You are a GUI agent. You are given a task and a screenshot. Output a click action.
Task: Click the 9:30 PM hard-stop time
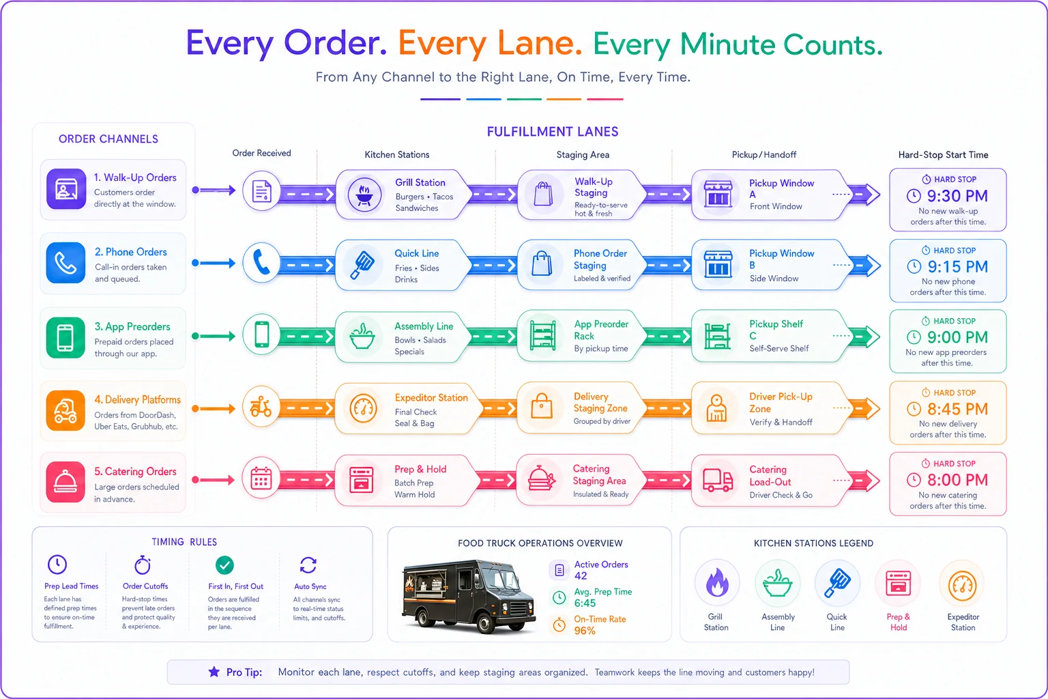957,196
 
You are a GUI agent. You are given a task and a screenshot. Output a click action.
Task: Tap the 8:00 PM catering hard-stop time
957,480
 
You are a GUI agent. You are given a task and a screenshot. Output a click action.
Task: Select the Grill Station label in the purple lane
420,182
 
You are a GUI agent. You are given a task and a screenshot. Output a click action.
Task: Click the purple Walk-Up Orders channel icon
66,189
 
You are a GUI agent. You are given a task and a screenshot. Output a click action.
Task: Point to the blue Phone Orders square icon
65,263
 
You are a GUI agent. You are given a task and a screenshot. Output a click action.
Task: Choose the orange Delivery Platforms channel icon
65,411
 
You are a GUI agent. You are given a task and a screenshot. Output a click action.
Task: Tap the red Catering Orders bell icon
65,482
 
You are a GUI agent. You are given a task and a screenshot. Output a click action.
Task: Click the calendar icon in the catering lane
261,479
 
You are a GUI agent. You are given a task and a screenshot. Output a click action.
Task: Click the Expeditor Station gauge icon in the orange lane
363,408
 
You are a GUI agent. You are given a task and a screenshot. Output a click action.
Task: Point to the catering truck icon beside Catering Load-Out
718,481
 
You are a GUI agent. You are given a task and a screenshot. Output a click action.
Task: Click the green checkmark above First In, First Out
224,565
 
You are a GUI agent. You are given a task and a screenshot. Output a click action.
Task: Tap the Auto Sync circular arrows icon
308,565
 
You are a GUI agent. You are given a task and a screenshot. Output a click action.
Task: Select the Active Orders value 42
581,576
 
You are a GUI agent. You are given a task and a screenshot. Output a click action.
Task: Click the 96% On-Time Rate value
585,631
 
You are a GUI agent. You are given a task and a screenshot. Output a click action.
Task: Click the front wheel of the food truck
484,623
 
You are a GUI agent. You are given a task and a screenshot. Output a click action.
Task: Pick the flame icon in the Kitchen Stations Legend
717,583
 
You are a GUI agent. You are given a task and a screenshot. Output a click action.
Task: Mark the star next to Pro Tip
214,672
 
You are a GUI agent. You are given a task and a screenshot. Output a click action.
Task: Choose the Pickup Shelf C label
776,330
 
